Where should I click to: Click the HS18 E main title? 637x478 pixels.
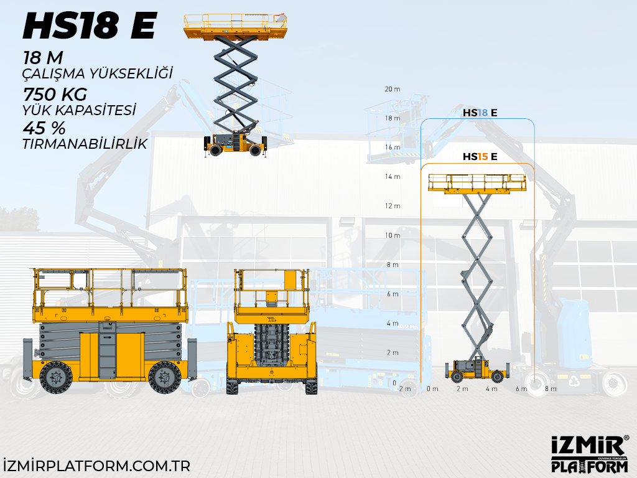(90, 26)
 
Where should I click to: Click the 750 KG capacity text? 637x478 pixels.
(55, 95)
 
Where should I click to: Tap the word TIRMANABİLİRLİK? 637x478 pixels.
(85, 144)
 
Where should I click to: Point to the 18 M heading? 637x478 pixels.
(43, 59)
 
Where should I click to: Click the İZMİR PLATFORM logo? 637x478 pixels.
(590, 454)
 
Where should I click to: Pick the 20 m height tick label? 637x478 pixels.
(393, 89)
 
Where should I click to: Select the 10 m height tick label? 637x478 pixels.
(393, 235)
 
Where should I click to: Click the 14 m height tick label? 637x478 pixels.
(393, 177)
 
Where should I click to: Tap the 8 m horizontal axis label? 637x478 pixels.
(551, 389)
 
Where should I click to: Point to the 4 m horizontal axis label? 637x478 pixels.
(491, 389)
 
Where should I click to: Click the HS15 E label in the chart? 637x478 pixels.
(480, 157)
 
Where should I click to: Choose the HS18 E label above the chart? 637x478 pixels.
(480, 113)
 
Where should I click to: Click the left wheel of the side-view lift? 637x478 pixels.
(56, 377)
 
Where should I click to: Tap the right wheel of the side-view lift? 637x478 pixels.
(165, 377)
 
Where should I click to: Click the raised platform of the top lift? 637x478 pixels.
(239, 26)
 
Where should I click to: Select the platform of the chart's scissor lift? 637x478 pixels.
(477, 184)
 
